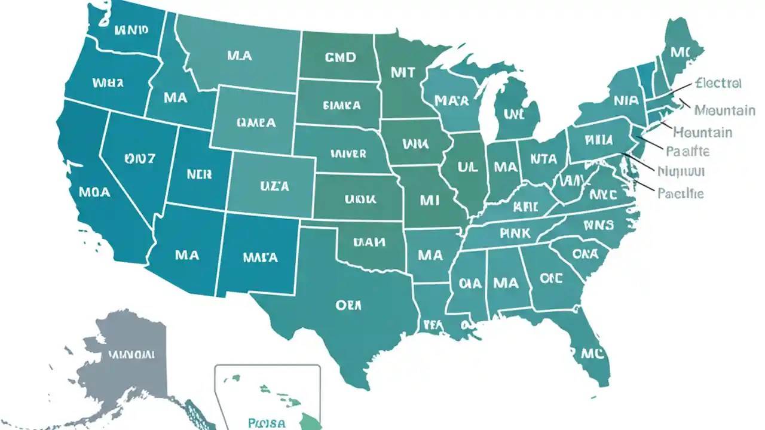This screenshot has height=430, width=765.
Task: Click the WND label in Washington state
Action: click(131, 30)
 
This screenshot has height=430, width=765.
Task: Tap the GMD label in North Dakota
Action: click(340, 57)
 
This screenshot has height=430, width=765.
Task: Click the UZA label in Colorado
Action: click(274, 186)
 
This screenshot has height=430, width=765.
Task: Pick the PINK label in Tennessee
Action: click(513, 234)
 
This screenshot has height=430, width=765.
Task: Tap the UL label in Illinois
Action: click(468, 167)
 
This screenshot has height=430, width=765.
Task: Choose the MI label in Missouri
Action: click(430, 201)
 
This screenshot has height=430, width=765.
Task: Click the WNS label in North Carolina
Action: click(599, 226)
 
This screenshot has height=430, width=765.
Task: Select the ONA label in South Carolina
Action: click(585, 254)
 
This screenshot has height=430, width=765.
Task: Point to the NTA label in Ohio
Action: click(543, 159)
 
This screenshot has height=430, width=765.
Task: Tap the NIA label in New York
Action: click(625, 100)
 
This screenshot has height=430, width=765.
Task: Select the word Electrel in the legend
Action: click(718, 83)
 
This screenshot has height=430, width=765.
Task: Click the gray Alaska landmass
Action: click(128, 358)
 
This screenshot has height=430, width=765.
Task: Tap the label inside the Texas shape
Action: click(348, 305)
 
